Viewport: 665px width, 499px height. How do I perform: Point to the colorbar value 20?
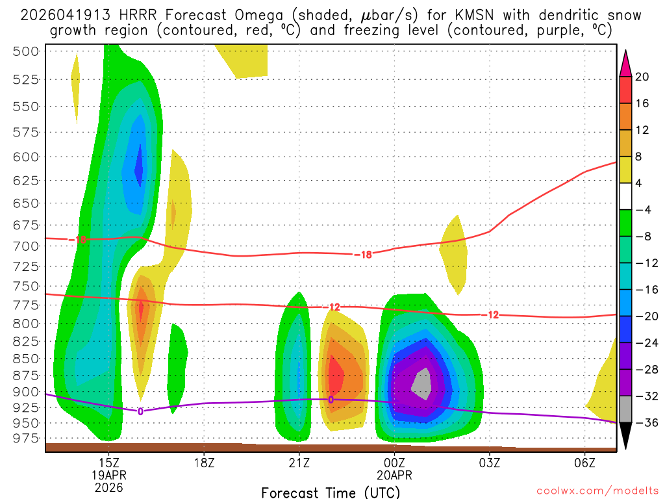pos(642,77)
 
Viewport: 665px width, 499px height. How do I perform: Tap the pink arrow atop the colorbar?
pos(625,64)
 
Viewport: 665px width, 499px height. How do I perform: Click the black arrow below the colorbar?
pos(625,435)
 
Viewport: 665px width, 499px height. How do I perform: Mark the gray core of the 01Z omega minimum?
pos(422,383)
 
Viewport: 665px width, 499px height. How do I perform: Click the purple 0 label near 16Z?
pos(140,411)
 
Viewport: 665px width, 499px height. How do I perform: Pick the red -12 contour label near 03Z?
pos(492,314)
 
